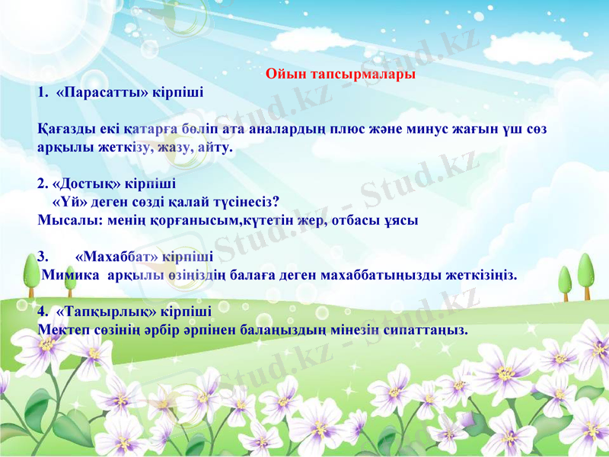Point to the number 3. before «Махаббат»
pyautogui.click(x=43, y=257)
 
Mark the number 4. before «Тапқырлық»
pyautogui.click(x=43, y=312)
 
